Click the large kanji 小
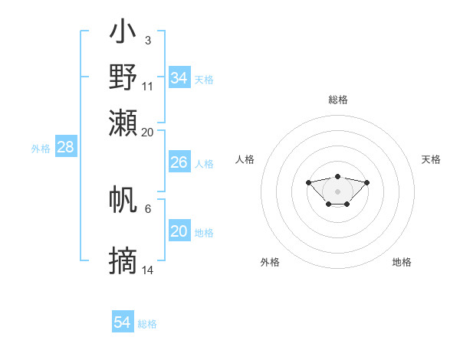[x=123, y=31]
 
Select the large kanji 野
[x=123, y=77]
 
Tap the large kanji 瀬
[x=123, y=123]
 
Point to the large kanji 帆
[x=123, y=199]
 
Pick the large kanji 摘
[x=123, y=260]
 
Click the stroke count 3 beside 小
[x=148, y=41]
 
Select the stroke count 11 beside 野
[x=147, y=87]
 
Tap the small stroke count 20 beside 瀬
[x=147, y=133]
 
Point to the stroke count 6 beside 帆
[x=148, y=209]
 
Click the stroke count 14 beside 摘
[x=147, y=270]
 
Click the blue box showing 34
[x=179, y=77]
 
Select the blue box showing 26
[x=179, y=162]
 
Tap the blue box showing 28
[x=66, y=146]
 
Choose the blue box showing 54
[x=123, y=321]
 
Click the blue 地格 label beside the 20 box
[x=204, y=233]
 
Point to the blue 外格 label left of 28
[x=41, y=149]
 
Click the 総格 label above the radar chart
[x=338, y=100]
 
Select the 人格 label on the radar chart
[x=245, y=159]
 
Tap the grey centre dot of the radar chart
[x=337, y=191]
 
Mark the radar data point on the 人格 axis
[x=308, y=182]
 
